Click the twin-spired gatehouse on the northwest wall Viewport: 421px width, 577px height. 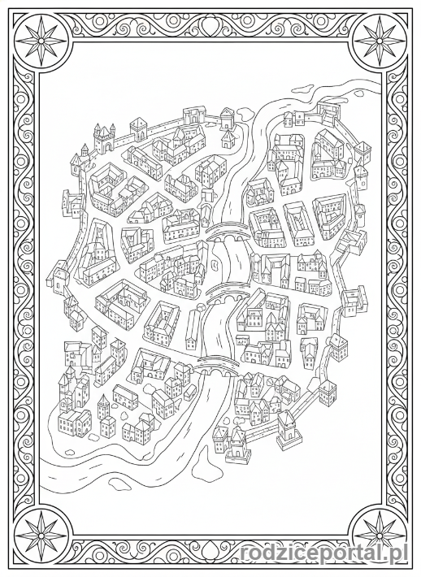[104, 139]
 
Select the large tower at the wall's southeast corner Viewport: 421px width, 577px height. [287, 429]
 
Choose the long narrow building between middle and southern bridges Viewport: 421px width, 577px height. [192, 332]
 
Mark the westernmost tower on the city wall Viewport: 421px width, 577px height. [60, 276]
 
